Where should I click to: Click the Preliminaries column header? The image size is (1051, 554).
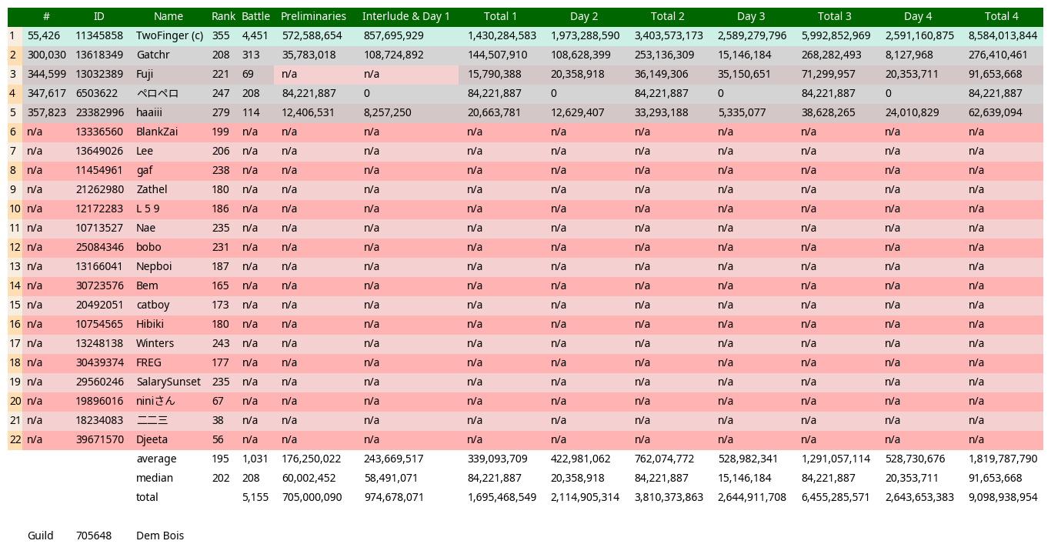[313, 16]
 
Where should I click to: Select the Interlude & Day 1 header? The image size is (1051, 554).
[405, 16]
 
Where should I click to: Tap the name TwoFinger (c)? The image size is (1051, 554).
[169, 35]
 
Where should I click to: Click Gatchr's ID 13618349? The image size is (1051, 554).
[99, 55]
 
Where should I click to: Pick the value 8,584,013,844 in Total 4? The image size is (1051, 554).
[1003, 35]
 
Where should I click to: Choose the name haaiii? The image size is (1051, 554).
[149, 112]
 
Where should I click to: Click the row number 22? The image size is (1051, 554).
[15, 439]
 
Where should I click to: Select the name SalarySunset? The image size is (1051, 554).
[168, 382]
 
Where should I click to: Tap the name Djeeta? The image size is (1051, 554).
[152, 439]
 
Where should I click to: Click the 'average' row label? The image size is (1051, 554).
[156, 459]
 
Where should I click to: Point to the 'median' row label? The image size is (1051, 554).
[155, 478]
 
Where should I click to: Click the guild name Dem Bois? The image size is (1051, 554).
[160, 536]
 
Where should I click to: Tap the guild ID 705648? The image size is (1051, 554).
[93, 536]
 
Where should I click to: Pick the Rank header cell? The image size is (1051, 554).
[223, 16]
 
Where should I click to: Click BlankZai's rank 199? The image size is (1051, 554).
[221, 132]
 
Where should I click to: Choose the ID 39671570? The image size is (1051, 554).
[99, 439]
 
